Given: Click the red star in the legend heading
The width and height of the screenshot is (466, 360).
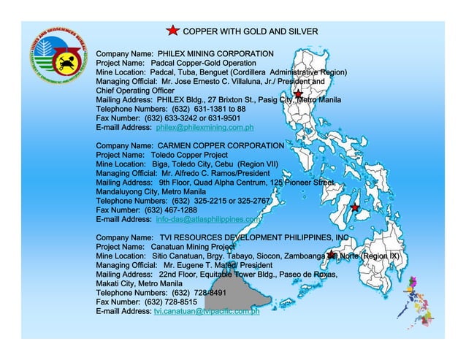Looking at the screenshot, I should click(172, 31).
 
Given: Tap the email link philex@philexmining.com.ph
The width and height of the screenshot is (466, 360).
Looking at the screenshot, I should click(205, 127).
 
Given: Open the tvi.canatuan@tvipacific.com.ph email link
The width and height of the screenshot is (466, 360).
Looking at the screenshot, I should click(206, 310).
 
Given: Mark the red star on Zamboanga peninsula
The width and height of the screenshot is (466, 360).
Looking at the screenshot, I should click(331, 255).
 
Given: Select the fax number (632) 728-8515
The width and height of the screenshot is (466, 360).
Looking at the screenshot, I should click(171, 302).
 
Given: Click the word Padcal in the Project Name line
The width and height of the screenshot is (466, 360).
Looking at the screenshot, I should click(167, 63).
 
